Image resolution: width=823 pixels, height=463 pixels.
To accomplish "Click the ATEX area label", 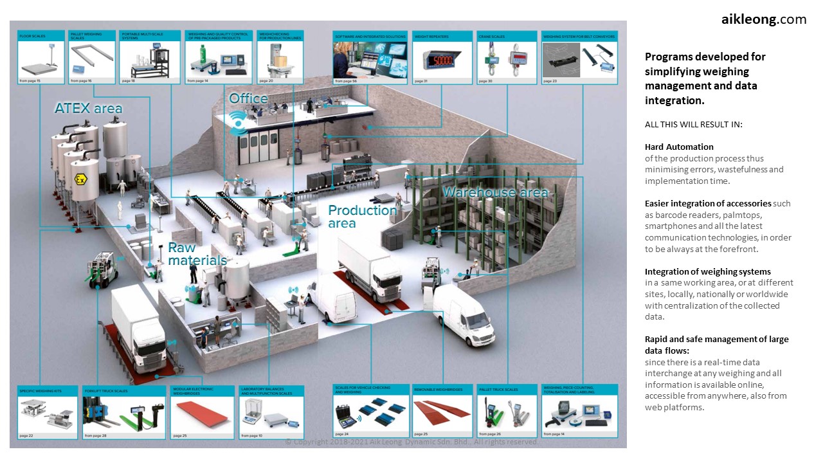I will click(x=88, y=108).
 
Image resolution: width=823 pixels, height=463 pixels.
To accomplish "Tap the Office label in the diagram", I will click(x=248, y=98).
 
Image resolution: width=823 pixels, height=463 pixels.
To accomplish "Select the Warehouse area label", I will click(x=494, y=192).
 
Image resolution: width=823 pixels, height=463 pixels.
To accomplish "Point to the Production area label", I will click(x=363, y=216).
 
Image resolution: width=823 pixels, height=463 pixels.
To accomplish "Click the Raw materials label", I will click(x=197, y=254).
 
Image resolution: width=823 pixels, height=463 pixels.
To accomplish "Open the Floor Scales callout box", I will click(x=41, y=58).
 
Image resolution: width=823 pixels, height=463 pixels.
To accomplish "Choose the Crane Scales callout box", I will click(x=506, y=58).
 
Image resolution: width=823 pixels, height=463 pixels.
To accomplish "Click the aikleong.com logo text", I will click(x=763, y=19).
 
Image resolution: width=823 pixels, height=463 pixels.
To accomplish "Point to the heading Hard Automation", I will click(x=679, y=147).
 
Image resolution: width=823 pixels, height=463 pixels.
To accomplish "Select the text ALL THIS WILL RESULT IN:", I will click(x=693, y=124).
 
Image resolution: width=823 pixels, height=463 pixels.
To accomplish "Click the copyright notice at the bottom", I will click(x=411, y=442).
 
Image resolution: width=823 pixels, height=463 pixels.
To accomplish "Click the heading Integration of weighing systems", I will click(x=708, y=271).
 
